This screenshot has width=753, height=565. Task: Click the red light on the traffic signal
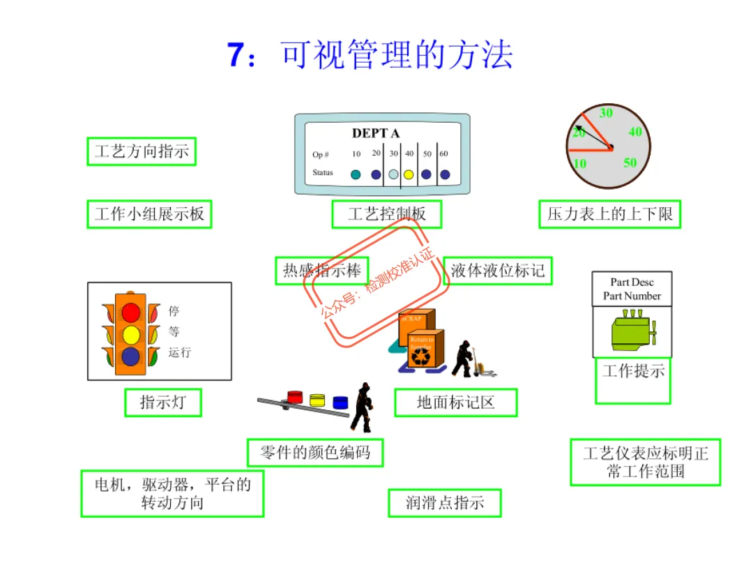pyautogui.click(x=131, y=312)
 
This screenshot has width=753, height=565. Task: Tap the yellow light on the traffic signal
pyautogui.click(x=131, y=335)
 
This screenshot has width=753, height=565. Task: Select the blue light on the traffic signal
pyautogui.click(x=131, y=357)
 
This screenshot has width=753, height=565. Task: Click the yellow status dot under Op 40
pyautogui.click(x=409, y=174)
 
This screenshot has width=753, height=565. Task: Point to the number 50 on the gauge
pyautogui.click(x=630, y=163)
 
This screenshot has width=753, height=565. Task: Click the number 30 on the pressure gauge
pyautogui.click(x=606, y=113)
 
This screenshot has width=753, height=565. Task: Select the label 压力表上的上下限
pyautogui.click(x=609, y=214)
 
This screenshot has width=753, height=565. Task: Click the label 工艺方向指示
pyautogui.click(x=142, y=151)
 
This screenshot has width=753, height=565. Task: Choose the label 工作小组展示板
pyautogui.click(x=149, y=214)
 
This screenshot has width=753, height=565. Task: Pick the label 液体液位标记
pyautogui.click(x=497, y=271)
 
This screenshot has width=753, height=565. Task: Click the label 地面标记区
pyautogui.click(x=456, y=402)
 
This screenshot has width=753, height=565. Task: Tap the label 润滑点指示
pyautogui.click(x=444, y=502)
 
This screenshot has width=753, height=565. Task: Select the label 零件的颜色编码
pyautogui.click(x=315, y=453)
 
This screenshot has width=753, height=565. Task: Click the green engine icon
pyautogui.click(x=632, y=331)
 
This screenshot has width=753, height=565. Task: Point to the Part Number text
pyautogui.click(x=632, y=296)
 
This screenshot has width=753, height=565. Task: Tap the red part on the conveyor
pyautogui.click(x=296, y=397)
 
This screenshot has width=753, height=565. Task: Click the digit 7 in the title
pyautogui.click(x=236, y=56)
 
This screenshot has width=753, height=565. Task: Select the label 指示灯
pyautogui.click(x=163, y=402)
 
